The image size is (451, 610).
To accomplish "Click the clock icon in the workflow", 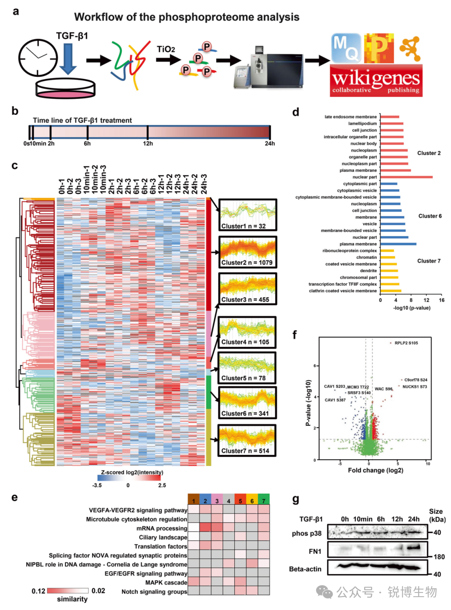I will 38,58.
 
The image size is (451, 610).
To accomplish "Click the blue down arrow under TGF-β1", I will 68,59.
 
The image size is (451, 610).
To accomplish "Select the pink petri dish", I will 66,89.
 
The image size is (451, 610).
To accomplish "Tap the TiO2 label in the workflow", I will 166,49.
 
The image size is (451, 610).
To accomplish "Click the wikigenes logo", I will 376,80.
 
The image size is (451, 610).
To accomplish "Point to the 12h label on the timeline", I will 148,144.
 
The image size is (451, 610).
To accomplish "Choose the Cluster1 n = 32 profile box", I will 248,215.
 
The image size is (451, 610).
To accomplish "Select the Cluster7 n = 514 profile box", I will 247,440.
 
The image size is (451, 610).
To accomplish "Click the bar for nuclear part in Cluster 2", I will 406,177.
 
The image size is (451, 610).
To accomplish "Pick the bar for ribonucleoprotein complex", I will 387,251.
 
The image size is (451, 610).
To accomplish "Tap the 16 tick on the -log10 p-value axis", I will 441,300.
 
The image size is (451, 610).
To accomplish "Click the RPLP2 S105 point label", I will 406,343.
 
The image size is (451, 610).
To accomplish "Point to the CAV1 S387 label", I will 335,400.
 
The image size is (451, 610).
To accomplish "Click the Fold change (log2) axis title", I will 375,471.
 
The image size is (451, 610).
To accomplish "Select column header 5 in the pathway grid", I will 240,501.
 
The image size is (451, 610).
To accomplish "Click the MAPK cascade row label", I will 166,583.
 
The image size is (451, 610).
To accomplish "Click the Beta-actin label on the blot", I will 305,569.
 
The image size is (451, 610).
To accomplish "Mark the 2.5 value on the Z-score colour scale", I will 162,485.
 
